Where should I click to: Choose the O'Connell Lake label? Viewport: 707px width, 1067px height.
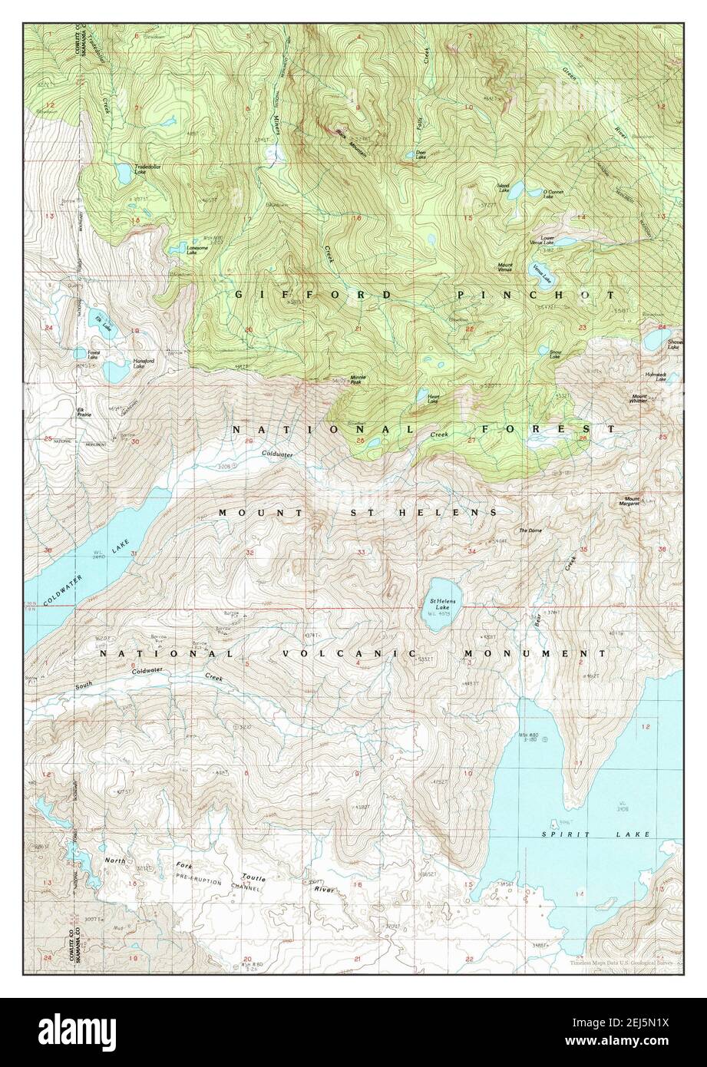553,195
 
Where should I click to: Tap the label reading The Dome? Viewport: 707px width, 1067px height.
530,530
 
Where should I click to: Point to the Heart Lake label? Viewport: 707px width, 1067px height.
433,399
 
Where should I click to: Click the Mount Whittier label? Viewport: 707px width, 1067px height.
639,399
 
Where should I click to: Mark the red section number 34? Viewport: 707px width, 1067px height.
471,550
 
